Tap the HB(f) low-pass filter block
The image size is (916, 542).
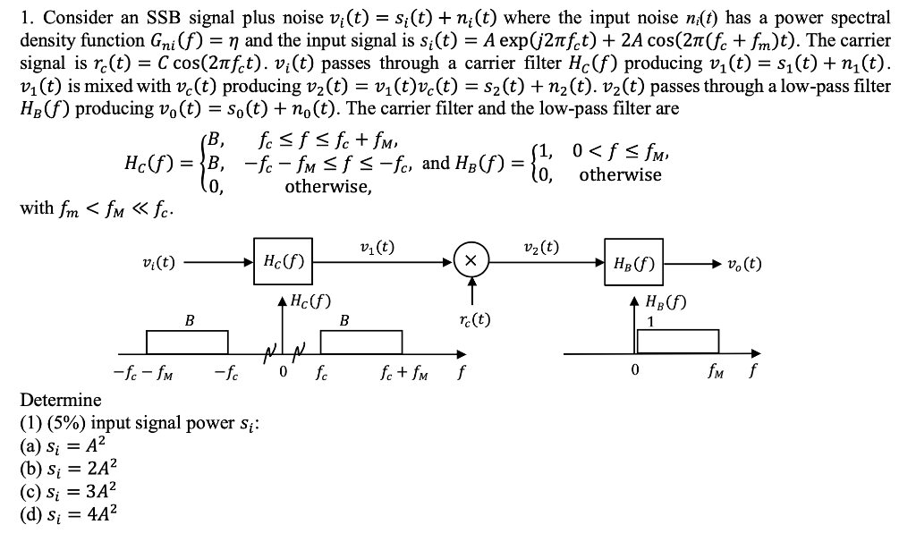pos(632,264)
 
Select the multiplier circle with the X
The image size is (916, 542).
pos(471,261)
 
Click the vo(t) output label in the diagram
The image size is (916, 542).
pos(742,264)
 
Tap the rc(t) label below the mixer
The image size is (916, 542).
pos(471,318)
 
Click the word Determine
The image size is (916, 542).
pos(61,399)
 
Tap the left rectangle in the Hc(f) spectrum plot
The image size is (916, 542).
pos(187,343)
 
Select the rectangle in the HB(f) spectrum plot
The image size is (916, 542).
pos(677,342)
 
